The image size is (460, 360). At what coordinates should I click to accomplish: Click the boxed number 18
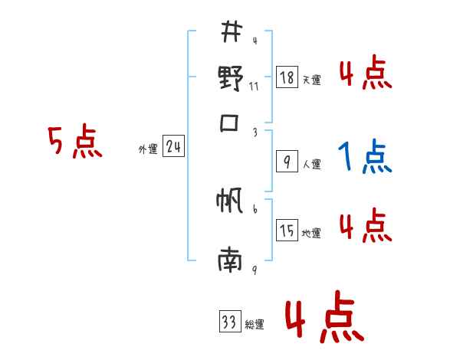coord(287,78)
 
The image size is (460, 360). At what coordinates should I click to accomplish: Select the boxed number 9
coord(287,162)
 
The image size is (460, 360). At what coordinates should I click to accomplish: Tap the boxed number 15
coord(287,231)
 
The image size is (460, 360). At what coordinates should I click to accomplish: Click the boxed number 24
coord(173,147)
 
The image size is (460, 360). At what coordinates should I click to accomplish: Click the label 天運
coord(311,80)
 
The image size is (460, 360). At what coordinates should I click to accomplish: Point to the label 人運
coord(311,163)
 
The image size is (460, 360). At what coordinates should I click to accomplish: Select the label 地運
coord(311,233)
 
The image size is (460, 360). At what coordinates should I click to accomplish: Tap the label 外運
coord(148,149)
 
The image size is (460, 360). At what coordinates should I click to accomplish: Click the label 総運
coord(254,325)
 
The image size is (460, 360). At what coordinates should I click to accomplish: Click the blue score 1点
coord(364,158)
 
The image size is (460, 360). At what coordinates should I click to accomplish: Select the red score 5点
coord(75,142)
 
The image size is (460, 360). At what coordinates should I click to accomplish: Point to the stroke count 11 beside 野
coord(254,86)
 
